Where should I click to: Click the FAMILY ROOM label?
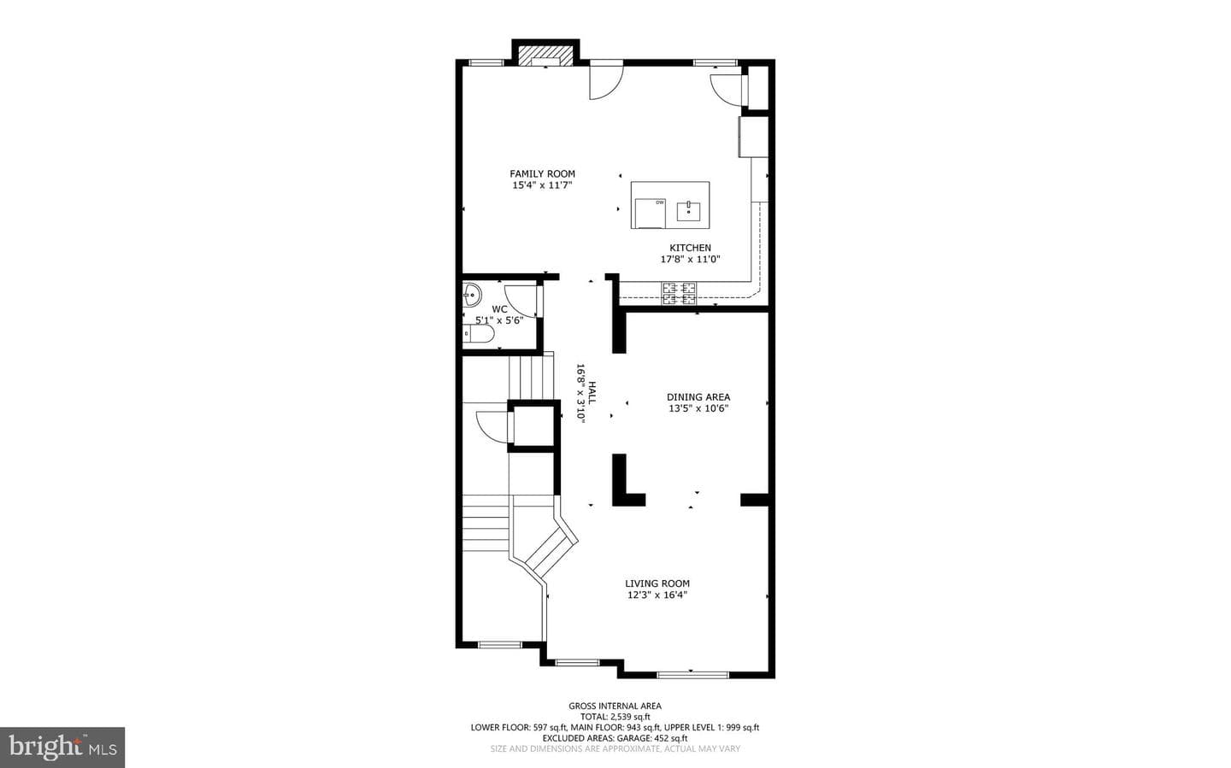coord(542,173)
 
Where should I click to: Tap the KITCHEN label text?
coord(690,248)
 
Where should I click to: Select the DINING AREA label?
coord(698,396)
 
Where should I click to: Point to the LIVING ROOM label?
coord(657,583)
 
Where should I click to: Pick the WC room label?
coord(499,309)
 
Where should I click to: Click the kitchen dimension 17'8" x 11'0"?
coord(690,260)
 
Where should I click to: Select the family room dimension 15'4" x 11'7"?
coord(542,185)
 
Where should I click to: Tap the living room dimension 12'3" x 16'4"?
coord(657,595)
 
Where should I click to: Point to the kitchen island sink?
coord(688,211)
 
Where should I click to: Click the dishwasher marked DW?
coord(650,214)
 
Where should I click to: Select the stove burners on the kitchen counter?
coord(680,293)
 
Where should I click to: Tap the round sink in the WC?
coord(472,295)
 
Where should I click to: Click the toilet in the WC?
coord(478,333)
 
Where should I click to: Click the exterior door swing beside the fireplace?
coord(606,82)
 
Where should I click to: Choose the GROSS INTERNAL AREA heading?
coord(615,706)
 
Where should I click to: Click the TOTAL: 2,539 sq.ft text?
coord(615,717)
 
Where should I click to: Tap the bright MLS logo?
coord(62,747)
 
